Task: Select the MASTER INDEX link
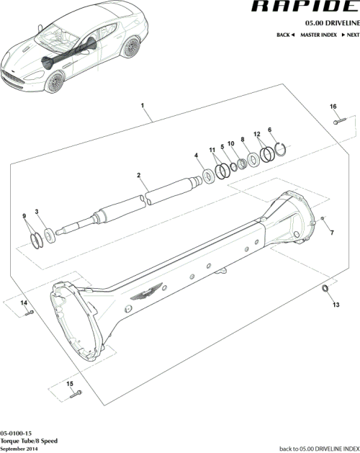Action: point(320,35)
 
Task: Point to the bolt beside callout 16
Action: point(336,121)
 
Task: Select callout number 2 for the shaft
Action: point(138,175)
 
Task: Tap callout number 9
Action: point(25,217)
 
